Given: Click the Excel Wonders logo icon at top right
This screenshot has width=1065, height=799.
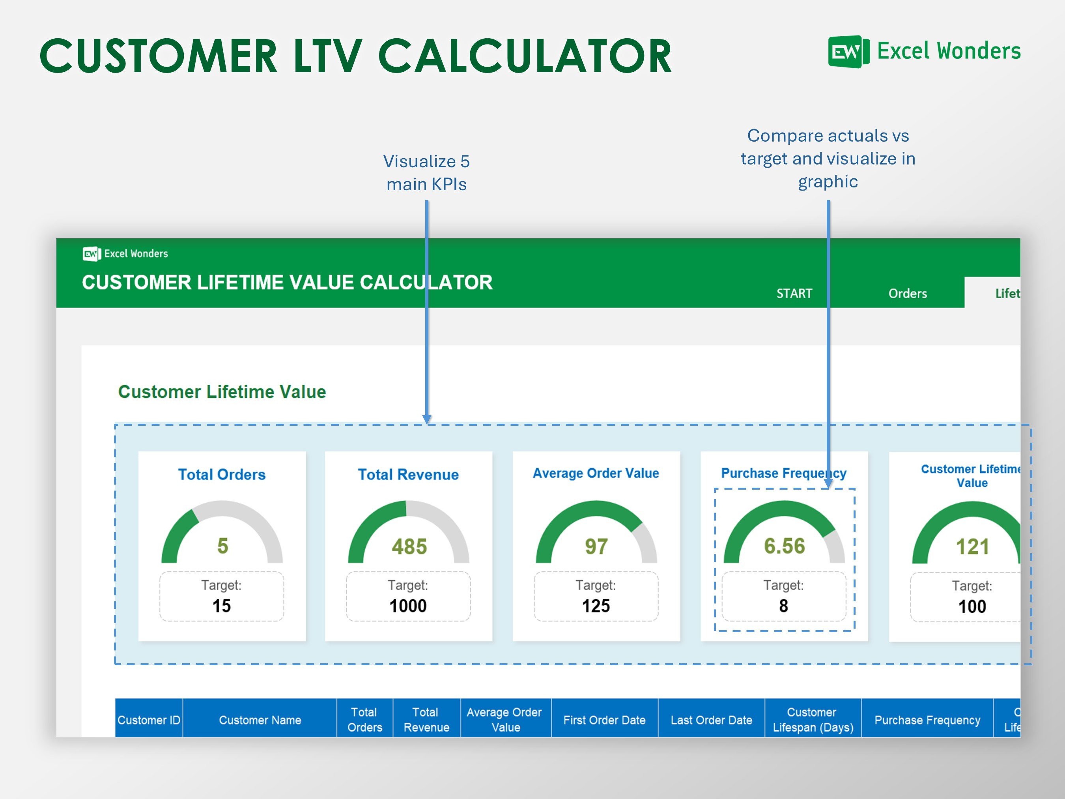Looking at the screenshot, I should point(848,52).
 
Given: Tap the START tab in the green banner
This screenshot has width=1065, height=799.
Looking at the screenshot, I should point(794,293).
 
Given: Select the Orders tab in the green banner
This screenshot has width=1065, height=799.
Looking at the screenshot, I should point(907,293).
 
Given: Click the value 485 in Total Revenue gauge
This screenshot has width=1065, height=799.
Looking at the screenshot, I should point(409,546).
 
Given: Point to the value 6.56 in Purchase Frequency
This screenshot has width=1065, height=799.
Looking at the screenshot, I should point(784,546).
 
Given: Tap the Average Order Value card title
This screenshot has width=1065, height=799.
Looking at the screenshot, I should point(596,473).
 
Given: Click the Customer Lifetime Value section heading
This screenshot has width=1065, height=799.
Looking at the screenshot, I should point(222,391).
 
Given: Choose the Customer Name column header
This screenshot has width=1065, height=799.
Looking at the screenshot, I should point(260,720).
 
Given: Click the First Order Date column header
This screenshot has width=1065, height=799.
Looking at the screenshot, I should point(604,720).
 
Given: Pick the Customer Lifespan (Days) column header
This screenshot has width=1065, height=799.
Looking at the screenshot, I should point(813,720).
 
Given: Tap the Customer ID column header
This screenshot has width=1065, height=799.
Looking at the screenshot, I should point(149,720).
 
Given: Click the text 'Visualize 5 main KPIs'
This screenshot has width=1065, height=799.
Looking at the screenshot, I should point(426,172).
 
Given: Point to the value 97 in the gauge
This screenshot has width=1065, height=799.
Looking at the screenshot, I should point(596,546).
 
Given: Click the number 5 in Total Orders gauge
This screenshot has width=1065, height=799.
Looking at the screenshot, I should point(222,546).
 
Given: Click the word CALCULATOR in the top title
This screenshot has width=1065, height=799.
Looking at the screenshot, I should point(525,56).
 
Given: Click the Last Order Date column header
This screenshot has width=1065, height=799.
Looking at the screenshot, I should point(711,720).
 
